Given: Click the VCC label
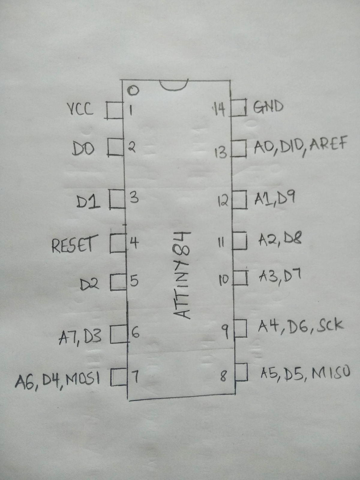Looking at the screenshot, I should (80, 109).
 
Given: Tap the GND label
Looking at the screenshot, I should (268, 107).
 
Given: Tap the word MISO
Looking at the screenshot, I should (331, 374).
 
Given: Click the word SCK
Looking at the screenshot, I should (329, 326).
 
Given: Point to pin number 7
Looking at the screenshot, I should (135, 377).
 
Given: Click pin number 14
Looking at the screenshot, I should (219, 110).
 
